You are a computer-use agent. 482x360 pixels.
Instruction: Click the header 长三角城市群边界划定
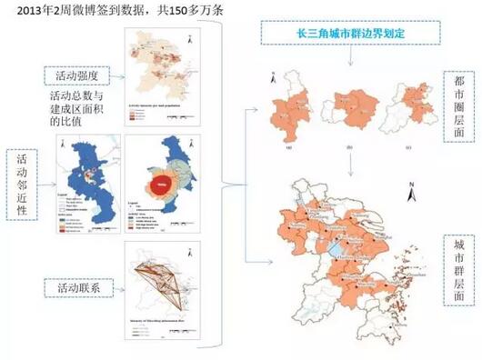point(349,33)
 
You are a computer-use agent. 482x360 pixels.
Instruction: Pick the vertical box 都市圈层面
point(460,107)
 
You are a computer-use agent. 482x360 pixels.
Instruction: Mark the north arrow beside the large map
point(411,190)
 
